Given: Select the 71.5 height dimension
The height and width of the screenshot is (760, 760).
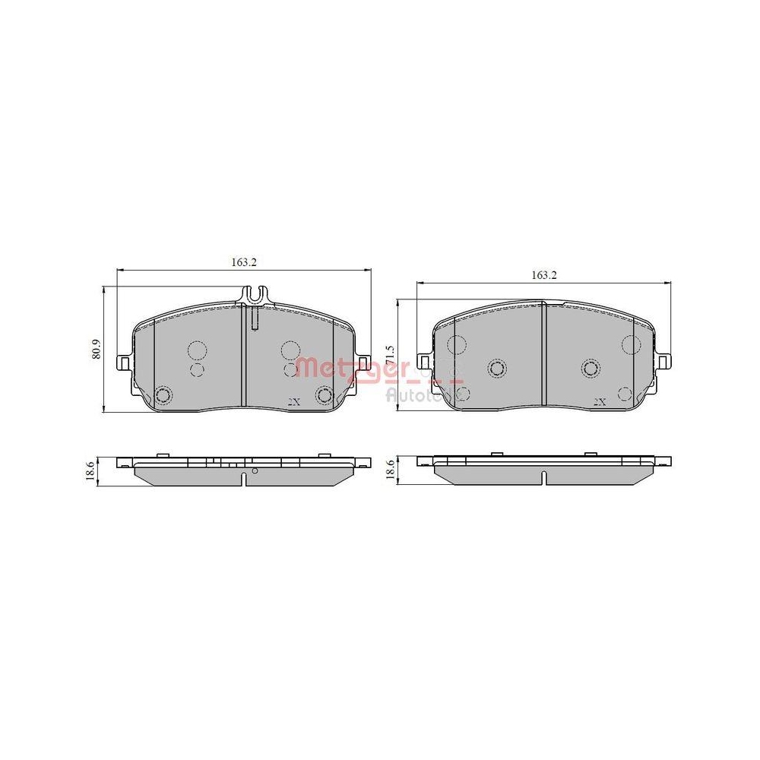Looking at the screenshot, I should (x=389, y=355).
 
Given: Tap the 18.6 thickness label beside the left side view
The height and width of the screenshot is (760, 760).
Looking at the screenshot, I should (x=90, y=471).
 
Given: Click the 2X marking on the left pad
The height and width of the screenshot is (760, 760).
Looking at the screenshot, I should (x=295, y=402).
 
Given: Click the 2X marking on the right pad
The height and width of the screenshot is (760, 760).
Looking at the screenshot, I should (x=599, y=401).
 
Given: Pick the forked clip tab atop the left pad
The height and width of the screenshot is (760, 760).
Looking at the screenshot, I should (x=255, y=294).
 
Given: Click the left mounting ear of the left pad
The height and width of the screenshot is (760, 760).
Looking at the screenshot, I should (x=122, y=363).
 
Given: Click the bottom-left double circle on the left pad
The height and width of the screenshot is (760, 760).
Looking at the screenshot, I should (x=162, y=395).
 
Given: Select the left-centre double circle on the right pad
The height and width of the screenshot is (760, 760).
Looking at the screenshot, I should (x=497, y=369).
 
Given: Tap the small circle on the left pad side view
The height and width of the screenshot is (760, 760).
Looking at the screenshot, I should (x=255, y=472).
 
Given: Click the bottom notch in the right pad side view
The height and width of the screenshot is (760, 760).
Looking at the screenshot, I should (x=543, y=478).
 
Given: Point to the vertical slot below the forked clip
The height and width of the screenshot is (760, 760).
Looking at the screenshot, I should (x=255, y=317).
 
